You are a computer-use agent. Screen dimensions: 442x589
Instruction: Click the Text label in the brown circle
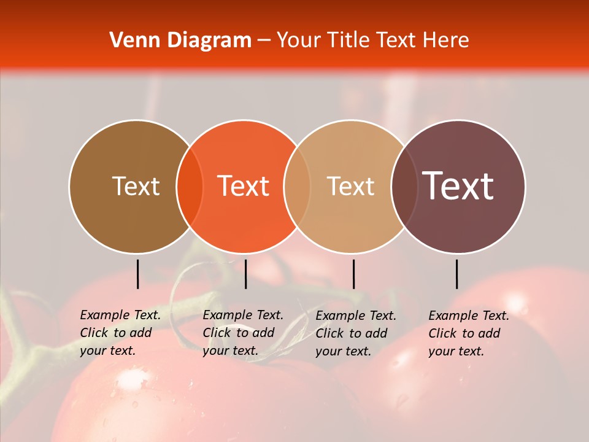tap(136, 186)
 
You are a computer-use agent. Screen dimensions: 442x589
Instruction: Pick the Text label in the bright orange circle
tap(244, 186)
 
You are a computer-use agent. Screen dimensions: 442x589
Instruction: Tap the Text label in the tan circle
tap(350, 186)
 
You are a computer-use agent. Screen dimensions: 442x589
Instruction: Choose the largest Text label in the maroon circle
tap(458, 186)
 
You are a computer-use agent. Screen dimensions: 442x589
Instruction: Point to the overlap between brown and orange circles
tap(190, 187)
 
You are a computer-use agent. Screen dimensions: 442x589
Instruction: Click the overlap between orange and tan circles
tap(297, 187)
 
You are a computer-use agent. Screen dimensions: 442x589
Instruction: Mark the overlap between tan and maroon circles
tap(404, 187)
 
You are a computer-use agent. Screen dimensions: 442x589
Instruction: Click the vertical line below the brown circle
tap(137, 274)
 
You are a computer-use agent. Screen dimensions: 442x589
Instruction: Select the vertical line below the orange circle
tap(245, 274)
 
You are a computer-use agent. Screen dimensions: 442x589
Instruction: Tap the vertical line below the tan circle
tap(353, 274)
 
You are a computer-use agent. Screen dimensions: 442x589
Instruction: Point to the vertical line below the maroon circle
tap(457, 274)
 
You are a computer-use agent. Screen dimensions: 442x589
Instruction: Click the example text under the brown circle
tap(120, 333)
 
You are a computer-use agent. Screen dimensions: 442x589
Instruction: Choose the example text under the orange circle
tap(242, 333)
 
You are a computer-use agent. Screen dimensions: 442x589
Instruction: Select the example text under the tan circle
tap(355, 333)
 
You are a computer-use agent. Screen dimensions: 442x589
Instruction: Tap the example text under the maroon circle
tap(468, 333)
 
